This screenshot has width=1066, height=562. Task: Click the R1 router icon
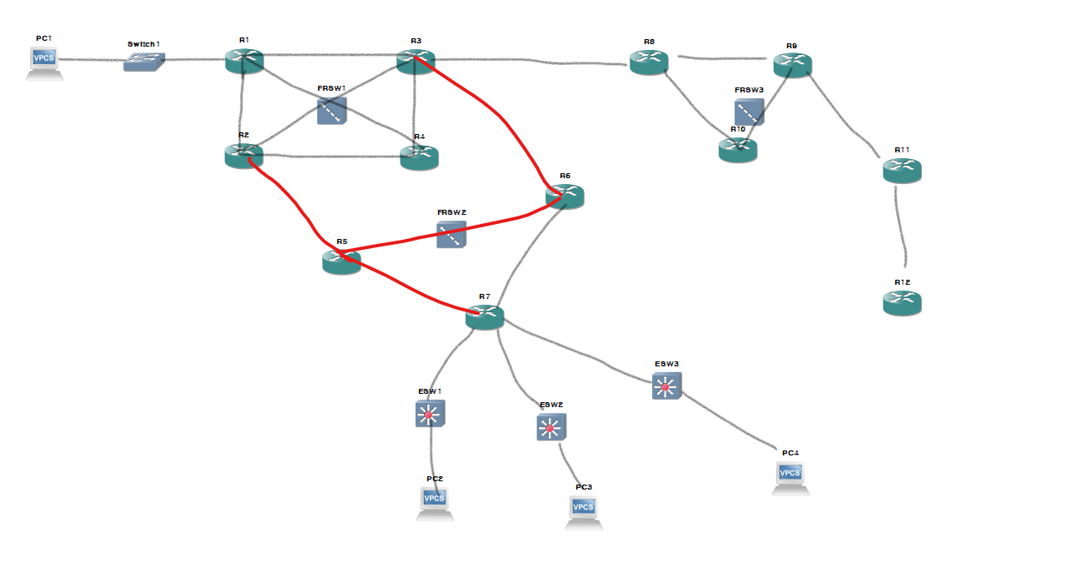tap(244, 61)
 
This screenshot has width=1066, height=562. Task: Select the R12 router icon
tap(902, 302)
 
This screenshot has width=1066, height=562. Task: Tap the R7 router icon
tap(485, 316)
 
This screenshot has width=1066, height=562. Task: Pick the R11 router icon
tap(902, 170)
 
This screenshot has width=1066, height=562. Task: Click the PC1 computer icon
tap(44, 62)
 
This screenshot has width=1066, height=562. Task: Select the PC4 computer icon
tap(790, 476)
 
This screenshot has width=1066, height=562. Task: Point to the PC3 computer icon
tap(584, 510)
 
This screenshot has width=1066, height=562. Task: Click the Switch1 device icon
tap(144, 62)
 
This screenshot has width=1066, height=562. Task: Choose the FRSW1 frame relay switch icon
tap(331, 110)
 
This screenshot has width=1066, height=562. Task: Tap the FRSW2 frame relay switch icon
tap(451, 234)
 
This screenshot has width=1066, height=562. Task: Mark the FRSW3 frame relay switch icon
tap(749, 112)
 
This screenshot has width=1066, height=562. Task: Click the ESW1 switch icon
tap(430, 413)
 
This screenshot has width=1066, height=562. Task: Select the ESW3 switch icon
tap(666, 385)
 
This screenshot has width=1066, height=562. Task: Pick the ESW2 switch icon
tap(550, 427)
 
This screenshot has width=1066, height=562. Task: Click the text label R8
tap(649, 41)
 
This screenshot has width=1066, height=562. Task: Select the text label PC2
tap(435, 479)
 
